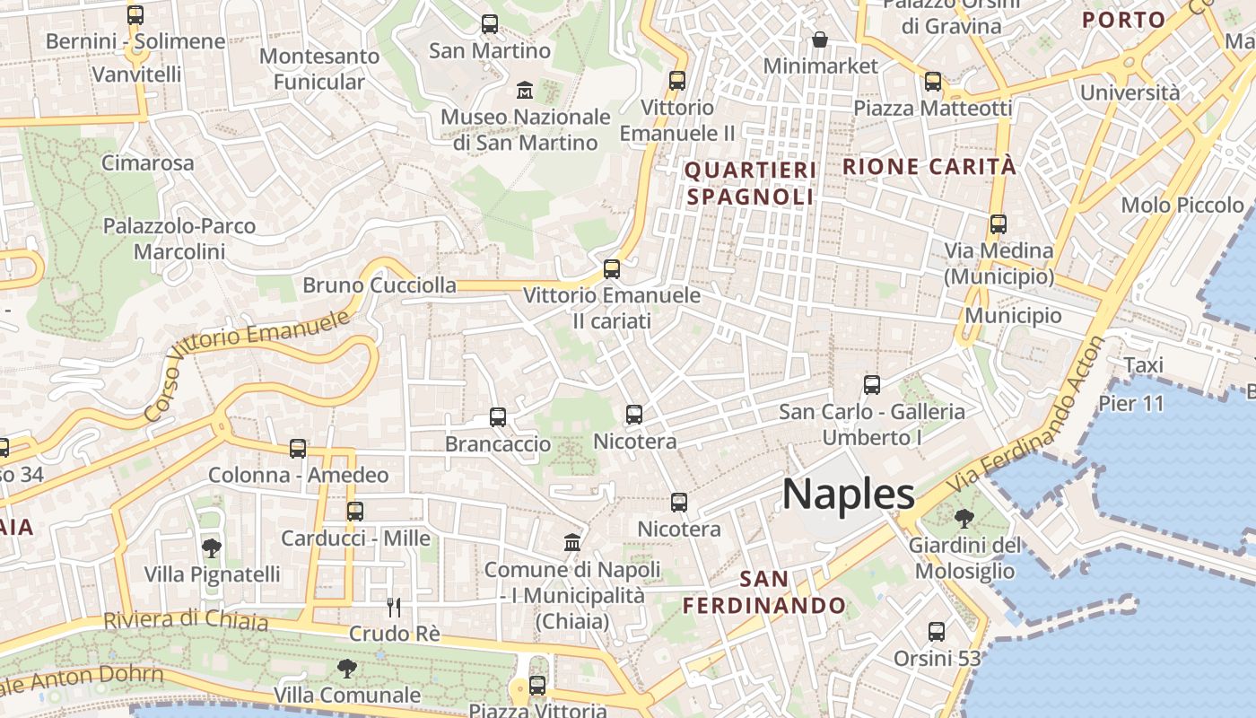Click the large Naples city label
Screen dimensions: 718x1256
point(849,495)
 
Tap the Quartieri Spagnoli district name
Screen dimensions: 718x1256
point(751,183)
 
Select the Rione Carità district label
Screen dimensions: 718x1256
point(929,166)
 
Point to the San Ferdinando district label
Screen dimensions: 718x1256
point(764,592)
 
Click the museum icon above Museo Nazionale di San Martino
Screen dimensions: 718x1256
point(524,90)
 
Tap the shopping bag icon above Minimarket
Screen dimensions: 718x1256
point(820,39)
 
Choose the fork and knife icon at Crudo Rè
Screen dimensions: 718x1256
point(394,608)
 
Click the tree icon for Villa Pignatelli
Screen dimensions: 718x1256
point(212,547)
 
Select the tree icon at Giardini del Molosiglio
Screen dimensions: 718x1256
point(964,518)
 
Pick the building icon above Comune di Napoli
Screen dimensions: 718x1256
point(572,542)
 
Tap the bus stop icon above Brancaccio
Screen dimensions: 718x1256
point(498,417)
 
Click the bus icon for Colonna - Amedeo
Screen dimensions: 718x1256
point(298,449)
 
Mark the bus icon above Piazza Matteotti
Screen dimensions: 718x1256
point(933,82)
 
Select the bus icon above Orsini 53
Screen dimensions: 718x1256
point(937,632)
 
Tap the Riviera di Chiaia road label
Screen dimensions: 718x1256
point(186,620)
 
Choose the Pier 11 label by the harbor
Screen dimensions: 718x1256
point(1131,403)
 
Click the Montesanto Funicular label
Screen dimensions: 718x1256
point(319,69)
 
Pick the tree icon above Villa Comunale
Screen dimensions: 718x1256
point(346,668)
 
